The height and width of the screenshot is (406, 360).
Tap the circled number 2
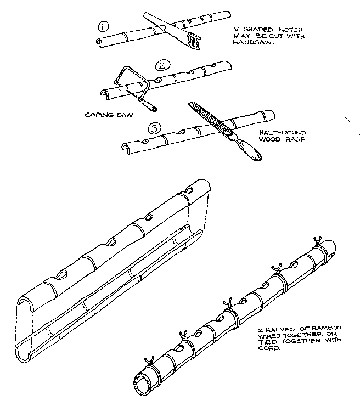pos(161,67)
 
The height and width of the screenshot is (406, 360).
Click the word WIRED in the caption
pos(267,336)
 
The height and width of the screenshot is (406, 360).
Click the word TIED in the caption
pos(266,342)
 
